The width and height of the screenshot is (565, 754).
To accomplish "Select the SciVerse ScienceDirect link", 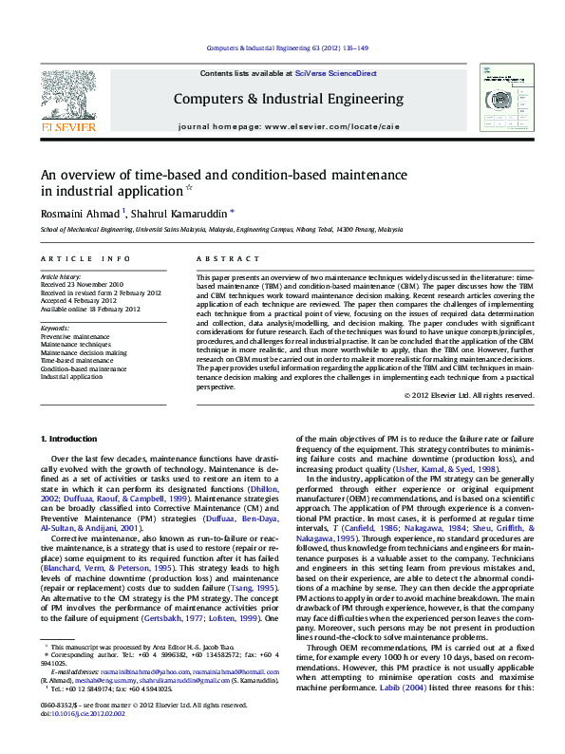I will [x=335, y=73].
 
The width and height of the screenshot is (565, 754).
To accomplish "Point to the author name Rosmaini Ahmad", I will [x=80, y=213].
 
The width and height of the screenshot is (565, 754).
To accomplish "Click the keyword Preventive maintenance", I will [x=75, y=336].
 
